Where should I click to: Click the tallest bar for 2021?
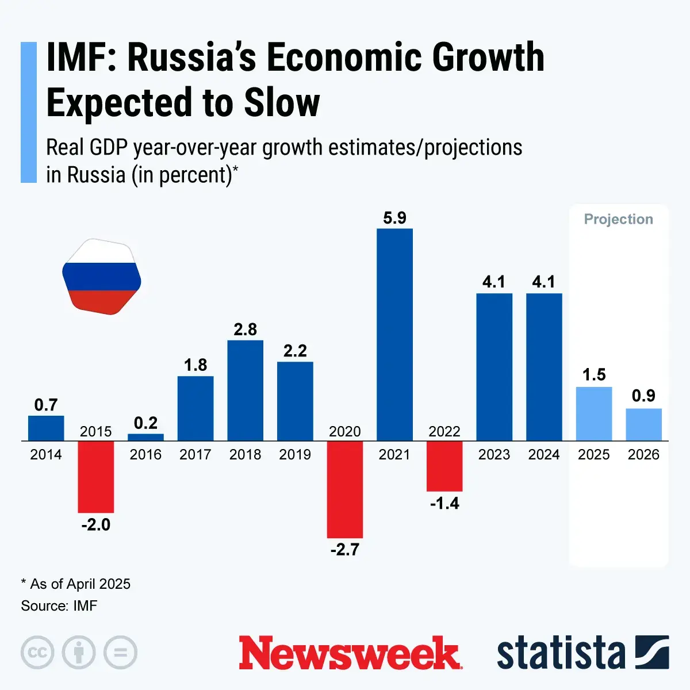(x=394, y=335)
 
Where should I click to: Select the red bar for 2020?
(x=345, y=489)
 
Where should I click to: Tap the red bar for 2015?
(x=96, y=477)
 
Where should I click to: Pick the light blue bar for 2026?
(x=643, y=424)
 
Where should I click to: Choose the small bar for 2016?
(x=145, y=437)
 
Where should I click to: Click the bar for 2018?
(x=246, y=390)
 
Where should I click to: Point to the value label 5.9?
(x=394, y=218)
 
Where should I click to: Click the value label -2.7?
(x=345, y=550)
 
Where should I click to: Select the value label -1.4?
(x=444, y=504)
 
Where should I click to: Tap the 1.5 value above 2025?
(x=594, y=375)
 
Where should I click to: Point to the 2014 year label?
(x=46, y=455)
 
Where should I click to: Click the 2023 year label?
(x=494, y=455)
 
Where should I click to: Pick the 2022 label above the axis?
(x=444, y=432)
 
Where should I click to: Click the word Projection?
(x=619, y=219)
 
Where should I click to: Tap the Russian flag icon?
(x=102, y=277)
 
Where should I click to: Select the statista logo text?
(x=561, y=654)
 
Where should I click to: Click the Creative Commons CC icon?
(x=37, y=653)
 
